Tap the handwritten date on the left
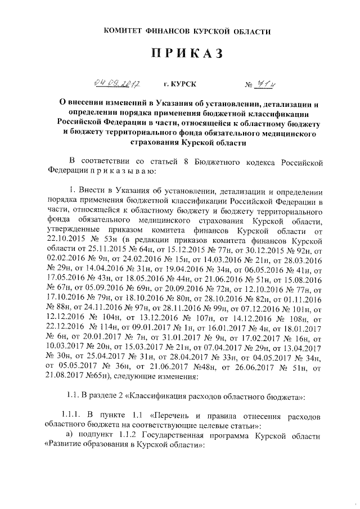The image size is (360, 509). [x=117, y=84]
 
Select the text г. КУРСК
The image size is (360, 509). [x=180, y=85]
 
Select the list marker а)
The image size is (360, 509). [x=70, y=434]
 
